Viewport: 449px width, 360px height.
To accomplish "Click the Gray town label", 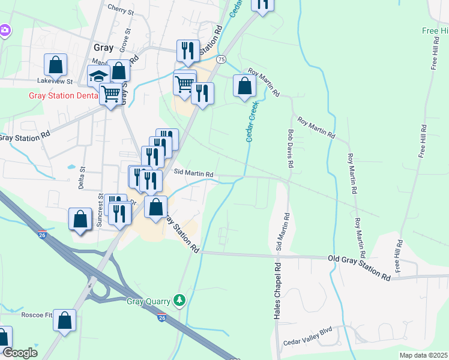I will tap(104, 48).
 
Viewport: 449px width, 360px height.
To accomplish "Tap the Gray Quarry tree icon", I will tap(178, 299).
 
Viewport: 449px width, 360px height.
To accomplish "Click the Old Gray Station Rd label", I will tap(358, 268).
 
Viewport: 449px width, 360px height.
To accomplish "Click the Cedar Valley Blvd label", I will tap(307, 338).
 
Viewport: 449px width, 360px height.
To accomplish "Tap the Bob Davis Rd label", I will tap(291, 149).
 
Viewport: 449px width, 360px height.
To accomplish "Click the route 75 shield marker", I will tap(221, 59).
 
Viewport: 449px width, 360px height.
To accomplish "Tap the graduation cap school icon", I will tap(98, 76).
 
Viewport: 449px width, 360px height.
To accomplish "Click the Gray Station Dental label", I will tap(63, 95).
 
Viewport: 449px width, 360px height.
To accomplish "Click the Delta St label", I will tap(83, 178).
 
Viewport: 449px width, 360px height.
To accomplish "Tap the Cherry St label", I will tap(120, 8).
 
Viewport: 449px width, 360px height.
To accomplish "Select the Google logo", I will tap(20, 353).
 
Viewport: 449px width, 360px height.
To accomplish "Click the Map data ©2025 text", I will tap(423, 355).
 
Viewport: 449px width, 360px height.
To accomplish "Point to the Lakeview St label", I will tap(54, 81).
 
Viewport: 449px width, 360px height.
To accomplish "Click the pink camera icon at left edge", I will tap(5, 29).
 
